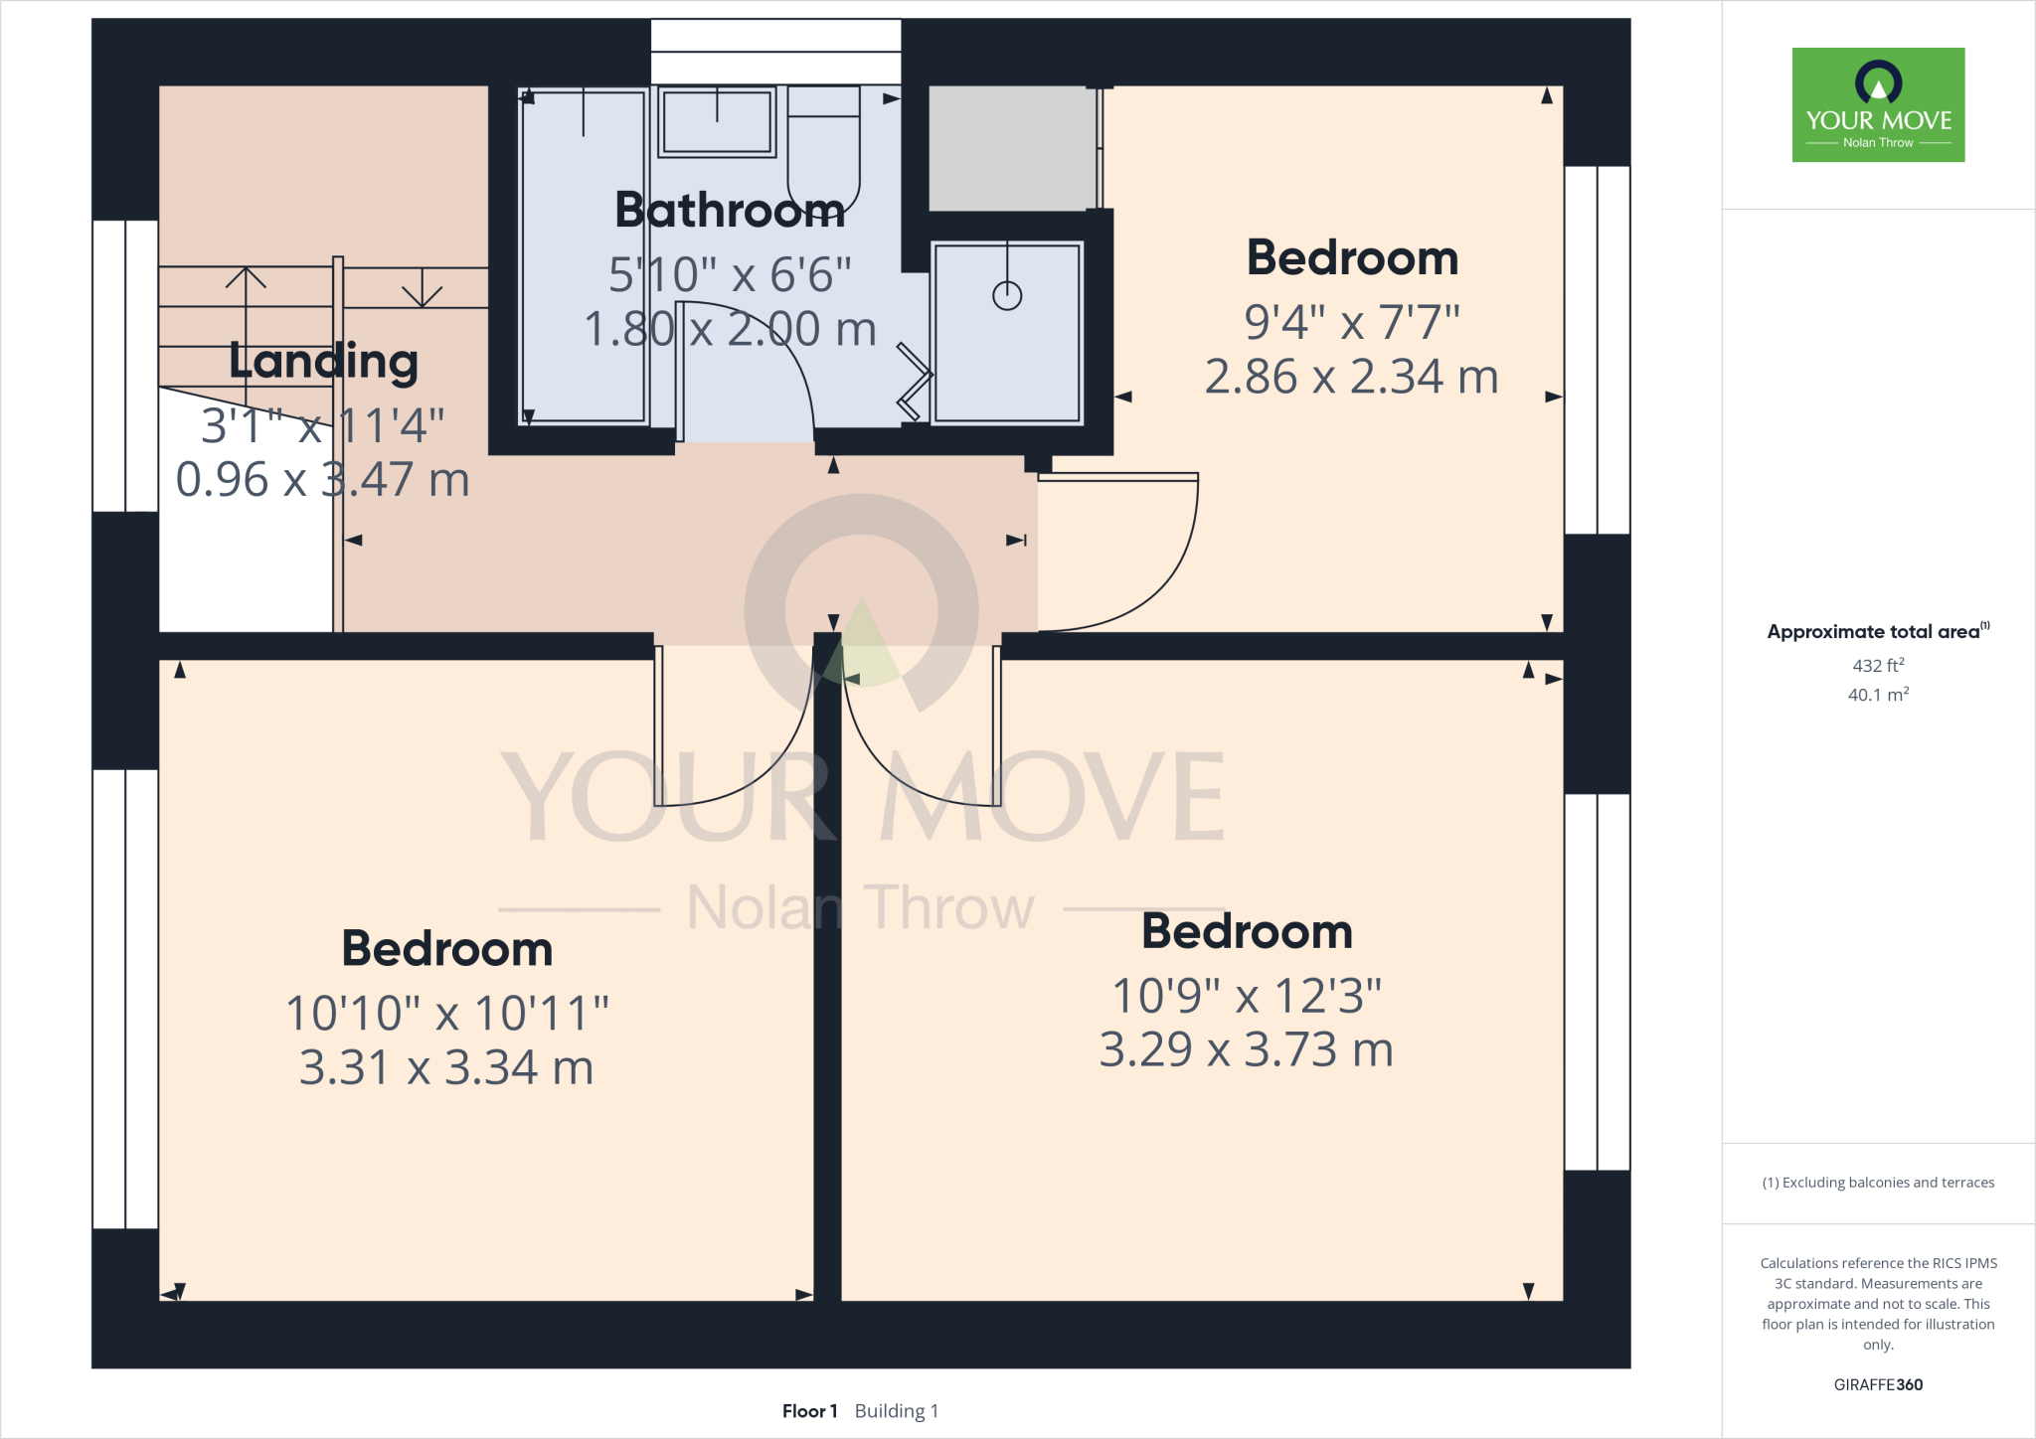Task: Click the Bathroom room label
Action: point(730,211)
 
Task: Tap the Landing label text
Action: point(323,361)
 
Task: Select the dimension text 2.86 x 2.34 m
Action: point(1351,378)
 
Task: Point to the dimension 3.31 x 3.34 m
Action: point(446,1068)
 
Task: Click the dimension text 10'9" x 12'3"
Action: point(1247,996)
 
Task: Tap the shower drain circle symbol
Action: point(1007,295)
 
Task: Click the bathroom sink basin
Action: point(717,121)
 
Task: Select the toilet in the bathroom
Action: point(823,149)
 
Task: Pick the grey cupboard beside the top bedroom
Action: point(1012,148)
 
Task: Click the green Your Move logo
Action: point(1878,104)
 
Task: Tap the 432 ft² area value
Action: point(1878,666)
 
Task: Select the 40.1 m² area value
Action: point(1878,695)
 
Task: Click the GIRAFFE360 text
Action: point(1878,1384)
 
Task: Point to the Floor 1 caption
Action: point(809,1411)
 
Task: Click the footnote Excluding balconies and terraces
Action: point(1878,1183)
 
